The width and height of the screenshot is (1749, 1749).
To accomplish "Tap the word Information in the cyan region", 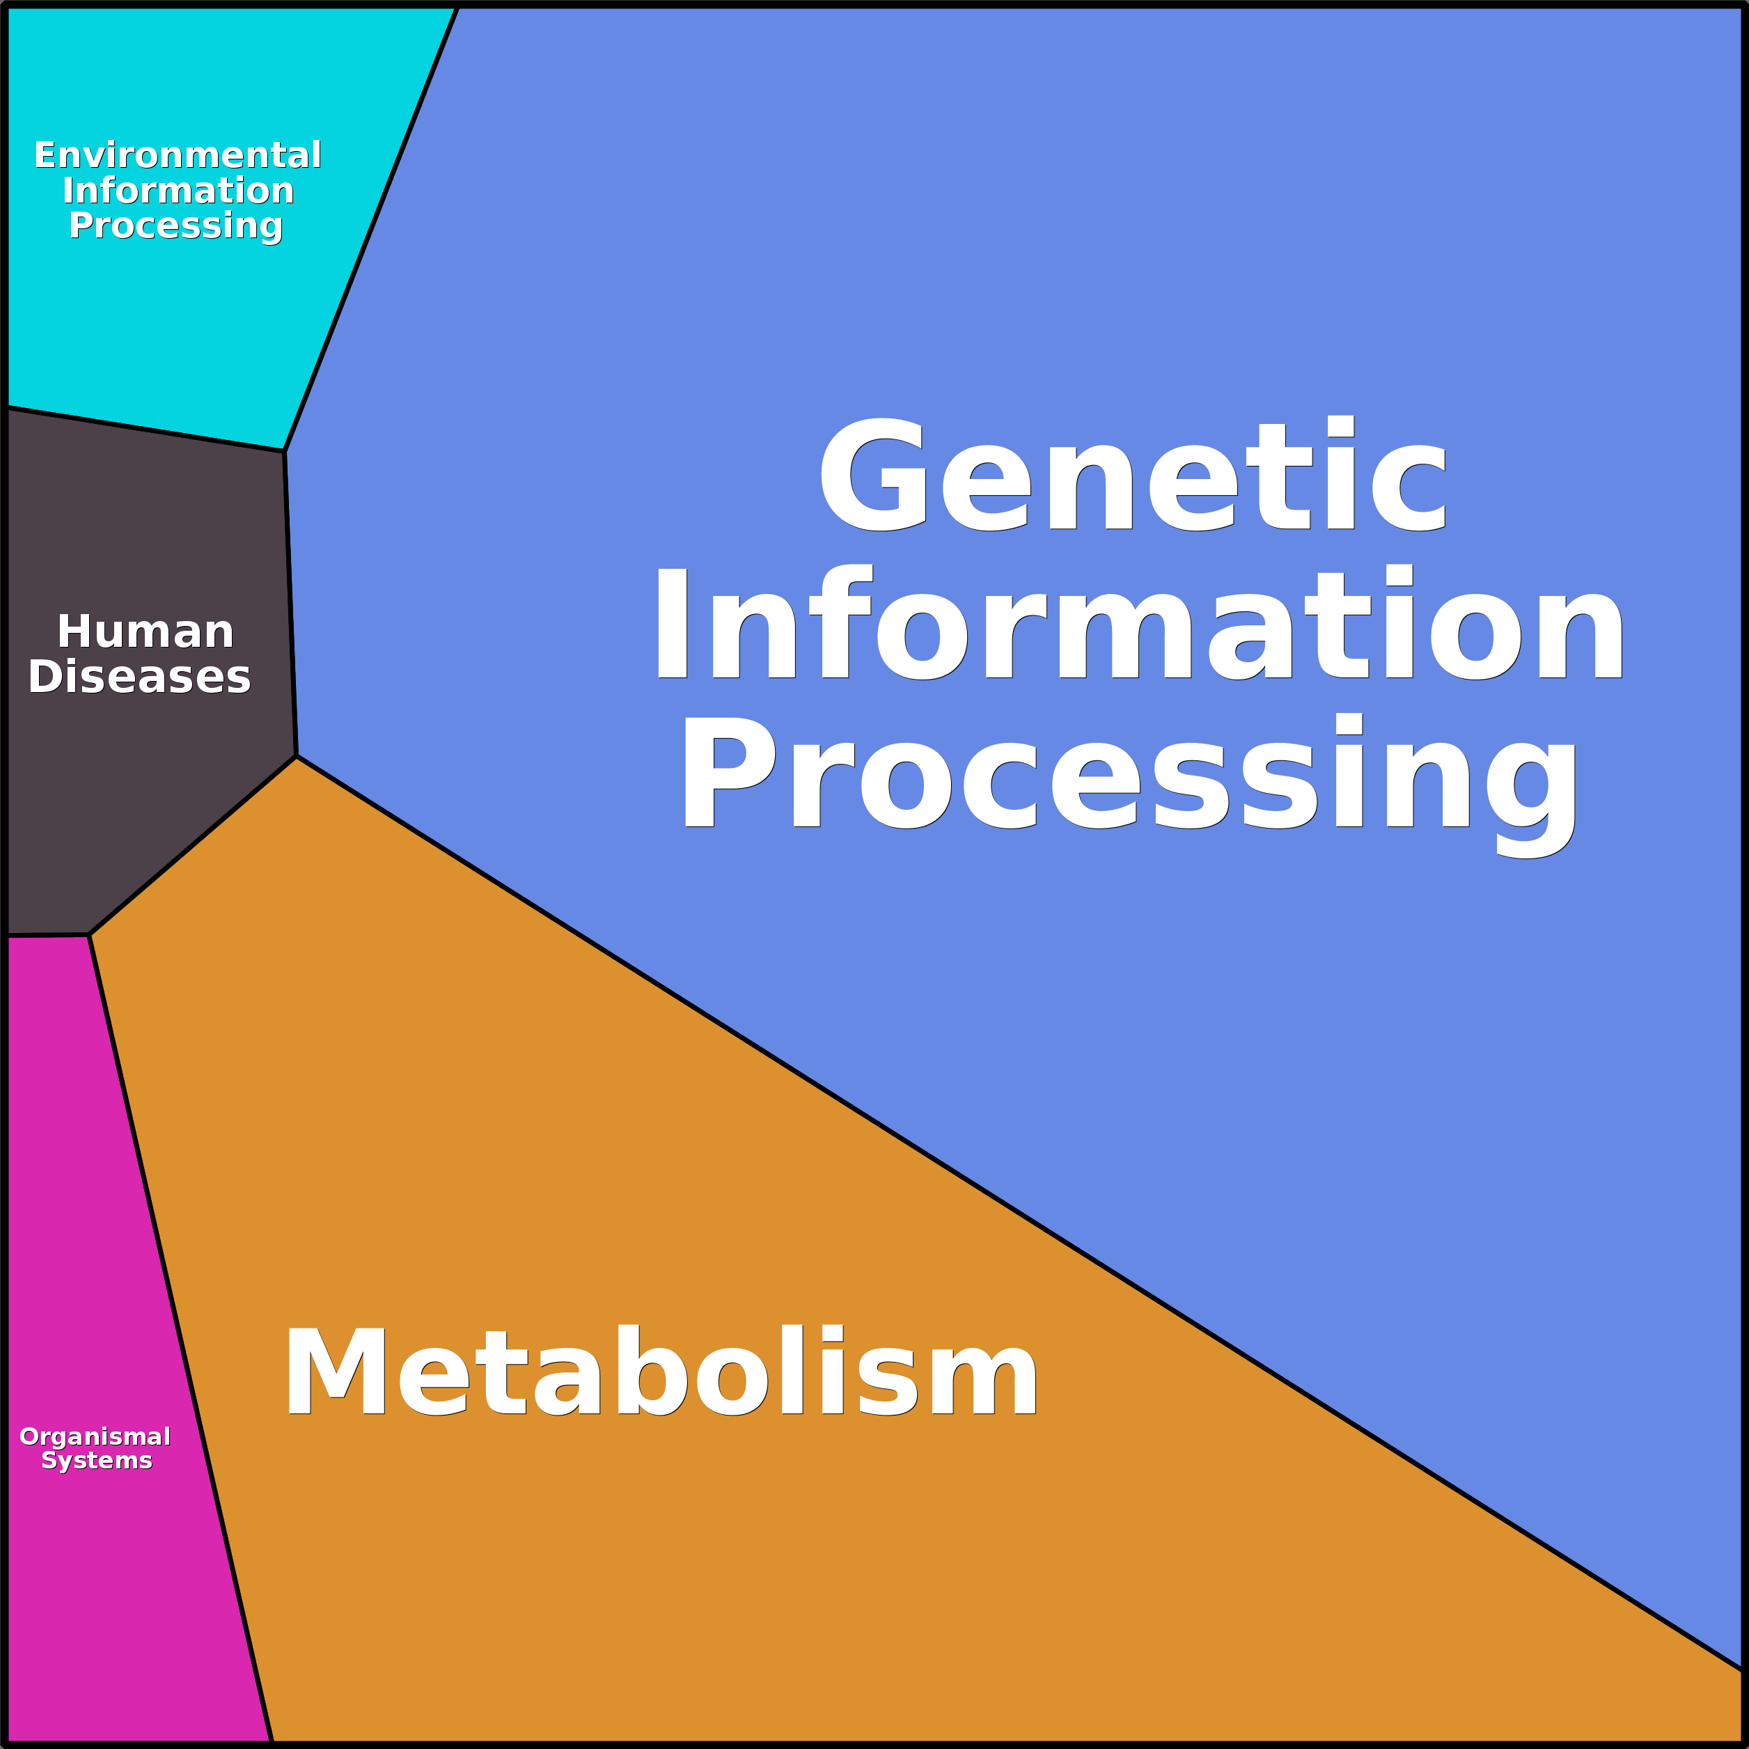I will click(178, 190).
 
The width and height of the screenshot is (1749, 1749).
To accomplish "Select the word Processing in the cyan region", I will click(175, 226).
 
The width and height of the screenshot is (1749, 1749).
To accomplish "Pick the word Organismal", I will click(95, 1436).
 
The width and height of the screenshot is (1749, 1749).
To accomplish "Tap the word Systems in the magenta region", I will click(97, 1460).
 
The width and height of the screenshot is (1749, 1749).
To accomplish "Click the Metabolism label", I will click(661, 1372).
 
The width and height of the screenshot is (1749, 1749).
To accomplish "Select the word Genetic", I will click(1131, 476).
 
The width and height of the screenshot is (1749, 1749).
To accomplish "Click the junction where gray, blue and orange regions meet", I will click(296, 756).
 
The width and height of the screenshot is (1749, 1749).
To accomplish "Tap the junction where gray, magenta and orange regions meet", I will click(88, 935).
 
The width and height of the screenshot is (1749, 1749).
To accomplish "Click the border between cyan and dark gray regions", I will click(145, 429).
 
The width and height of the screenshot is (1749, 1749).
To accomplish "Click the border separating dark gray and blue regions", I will click(290, 603).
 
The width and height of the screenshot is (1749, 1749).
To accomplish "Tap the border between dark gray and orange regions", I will click(192, 845).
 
